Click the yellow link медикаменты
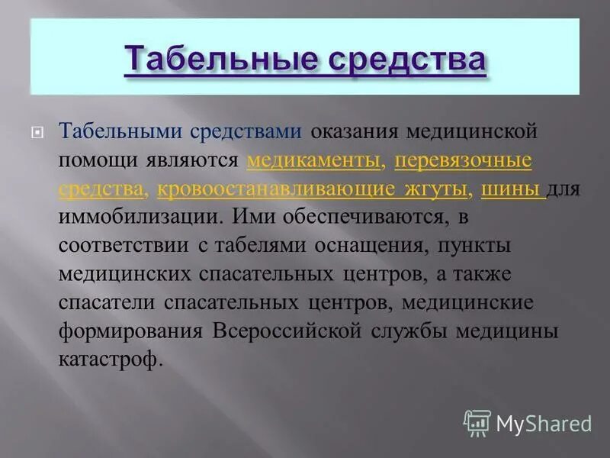pyautogui.click(x=303, y=160)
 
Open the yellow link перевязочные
pyautogui.click(x=463, y=160)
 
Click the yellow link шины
pyautogui.click(x=512, y=189)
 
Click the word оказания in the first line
pyautogui.click(x=354, y=131)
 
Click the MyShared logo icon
pyautogui.click(x=477, y=422)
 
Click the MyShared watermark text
pyautogui.click(x=544, y=423)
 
